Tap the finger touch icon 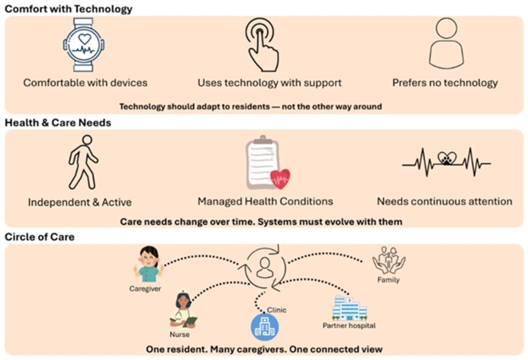pos(262,45)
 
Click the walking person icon pos(82,163)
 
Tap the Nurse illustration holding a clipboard pos(183,310)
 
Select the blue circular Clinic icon pos(265,327)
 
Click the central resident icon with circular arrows pos(264,267)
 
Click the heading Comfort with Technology pos(68,8)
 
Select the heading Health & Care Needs pos(58,123)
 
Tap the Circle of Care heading pos(40,237)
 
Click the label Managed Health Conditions pos(265,201)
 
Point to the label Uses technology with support pos(269,83)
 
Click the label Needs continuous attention pos(444,201)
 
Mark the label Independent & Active pos(80,202)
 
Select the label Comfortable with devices pos(85,83)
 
